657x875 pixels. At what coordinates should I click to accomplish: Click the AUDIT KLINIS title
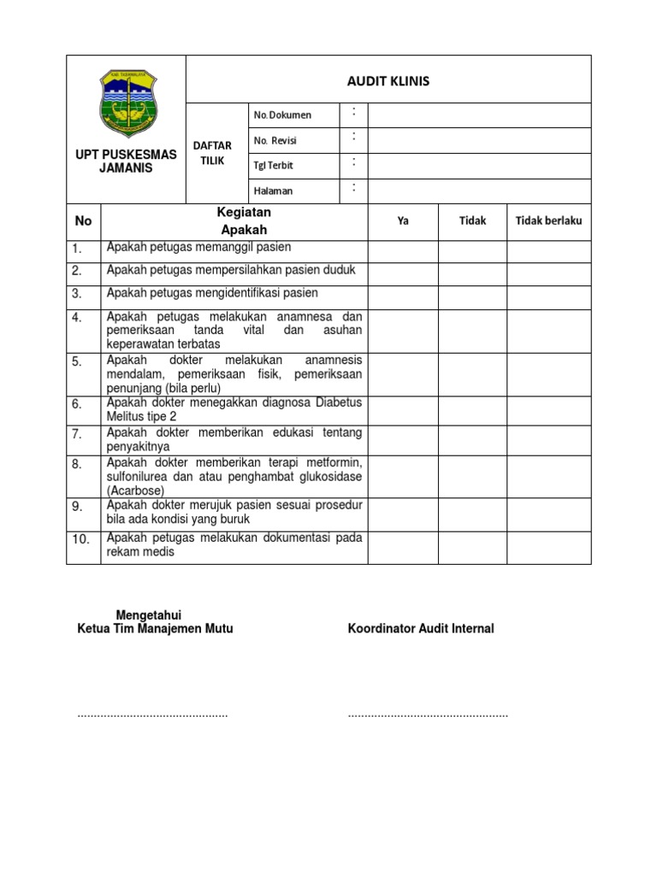point(388,81)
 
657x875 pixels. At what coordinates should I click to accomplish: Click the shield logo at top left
point(126,103)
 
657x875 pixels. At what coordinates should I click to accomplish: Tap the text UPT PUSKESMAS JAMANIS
point(126,161)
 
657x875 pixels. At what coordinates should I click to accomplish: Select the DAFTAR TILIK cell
point(216,154)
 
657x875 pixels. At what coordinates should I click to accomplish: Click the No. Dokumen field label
point(281,115)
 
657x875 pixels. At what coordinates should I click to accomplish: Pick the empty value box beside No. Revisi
point(479,140)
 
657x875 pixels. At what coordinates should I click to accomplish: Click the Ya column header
point(403,221)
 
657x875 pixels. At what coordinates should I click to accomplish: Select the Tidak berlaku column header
point(548,220)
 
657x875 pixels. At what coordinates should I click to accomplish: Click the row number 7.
point(77,434)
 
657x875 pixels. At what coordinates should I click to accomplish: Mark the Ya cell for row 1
point(403,251)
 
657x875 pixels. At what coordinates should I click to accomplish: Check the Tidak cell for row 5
point(472,374)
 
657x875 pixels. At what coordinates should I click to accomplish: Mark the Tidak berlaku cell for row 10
point(548,547)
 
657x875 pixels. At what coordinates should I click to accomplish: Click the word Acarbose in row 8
point(136,490)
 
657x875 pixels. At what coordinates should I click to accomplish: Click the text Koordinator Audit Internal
point(421,629)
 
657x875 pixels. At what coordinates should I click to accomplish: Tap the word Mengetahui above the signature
point(148,615)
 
